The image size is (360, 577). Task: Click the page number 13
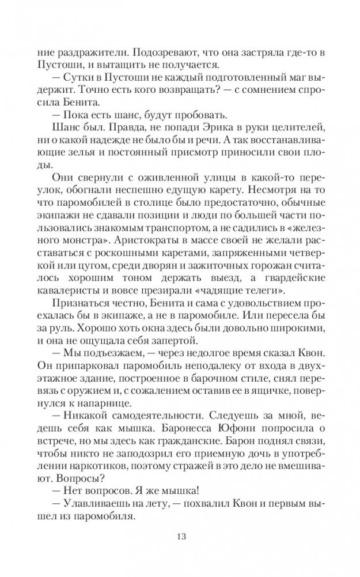(x=180, y=538)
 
